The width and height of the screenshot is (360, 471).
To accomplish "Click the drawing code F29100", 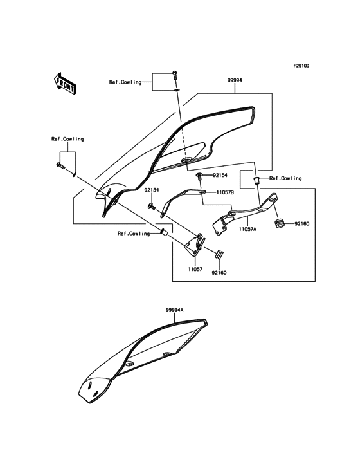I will [301, 66].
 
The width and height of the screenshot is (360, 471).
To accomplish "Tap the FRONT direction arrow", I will [63, 82].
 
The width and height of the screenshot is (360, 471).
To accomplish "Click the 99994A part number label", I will [174, 310].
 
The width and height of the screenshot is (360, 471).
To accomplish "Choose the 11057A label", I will [248, 228].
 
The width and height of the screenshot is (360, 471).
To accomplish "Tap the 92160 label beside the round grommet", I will [302, 224].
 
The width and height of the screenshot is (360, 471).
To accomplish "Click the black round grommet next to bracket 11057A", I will [280, 223].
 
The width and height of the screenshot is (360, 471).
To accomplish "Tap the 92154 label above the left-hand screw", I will [152, 190].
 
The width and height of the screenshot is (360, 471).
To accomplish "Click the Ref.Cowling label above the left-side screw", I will [67, 139].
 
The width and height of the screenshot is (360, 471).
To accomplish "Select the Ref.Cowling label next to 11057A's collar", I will [285, 178].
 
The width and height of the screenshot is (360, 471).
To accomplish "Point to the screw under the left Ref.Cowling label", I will [60, 166].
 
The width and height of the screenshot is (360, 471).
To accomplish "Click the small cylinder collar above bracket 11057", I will [163, 232].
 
